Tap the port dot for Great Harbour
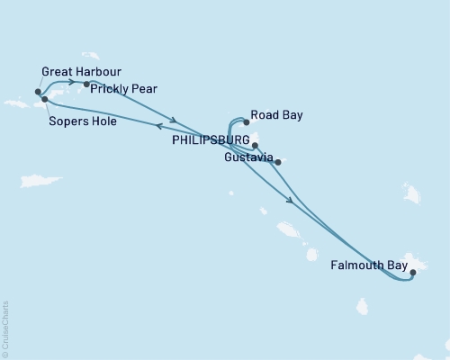tap(38, 92)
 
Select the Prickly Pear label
tap(126, 89)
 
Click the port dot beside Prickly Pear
tap(86, 85)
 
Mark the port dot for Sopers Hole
tap(44, 99)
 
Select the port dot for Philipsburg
tap(256, 145)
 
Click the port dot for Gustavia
tap(278, 162)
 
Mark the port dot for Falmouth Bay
tap(412, 271)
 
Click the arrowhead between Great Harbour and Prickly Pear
tap(70, 83)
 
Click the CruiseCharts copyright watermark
tap(5, 328)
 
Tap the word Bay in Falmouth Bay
tap(394, 266)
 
